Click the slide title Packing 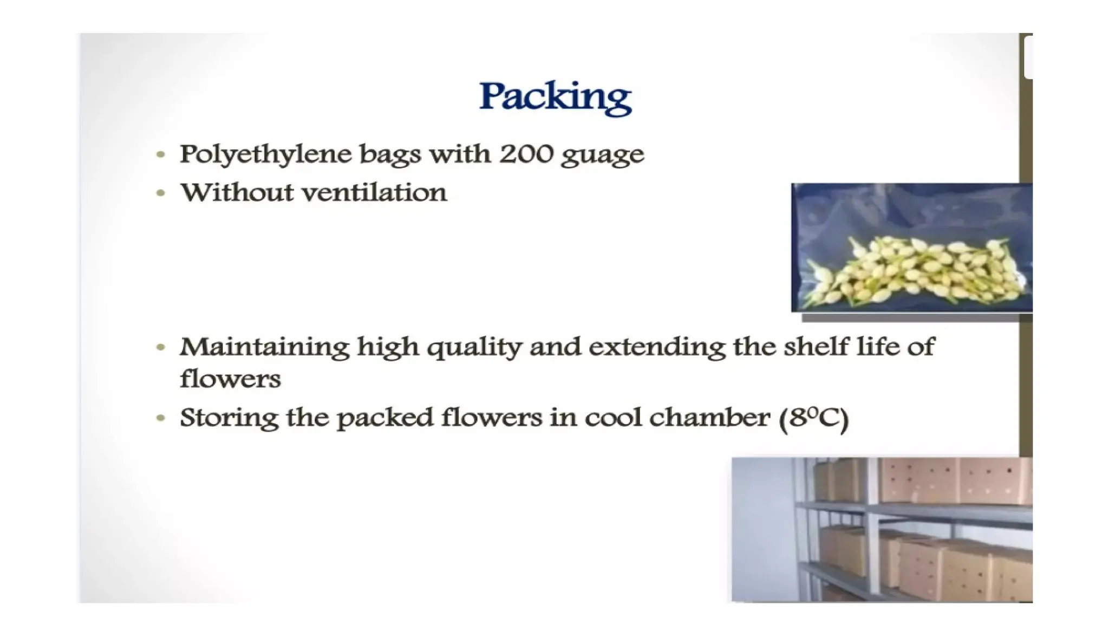[555, 97]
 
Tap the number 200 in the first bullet [526, 154]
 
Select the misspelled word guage [602, 156]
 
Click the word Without [236, 193]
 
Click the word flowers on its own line [230, 379]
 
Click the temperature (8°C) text [813, 419]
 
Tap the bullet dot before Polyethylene [160, 155]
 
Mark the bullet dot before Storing [160, 418]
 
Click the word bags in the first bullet [390, 155]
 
